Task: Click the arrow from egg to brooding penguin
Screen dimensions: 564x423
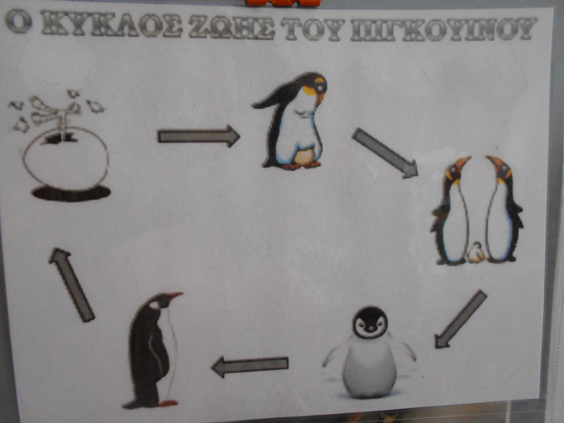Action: point(199,136)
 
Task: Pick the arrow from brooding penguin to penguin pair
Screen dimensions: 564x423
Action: point(384,153)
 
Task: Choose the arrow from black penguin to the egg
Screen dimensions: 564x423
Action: point(71,284)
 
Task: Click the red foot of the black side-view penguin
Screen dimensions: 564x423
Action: point(168,403)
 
